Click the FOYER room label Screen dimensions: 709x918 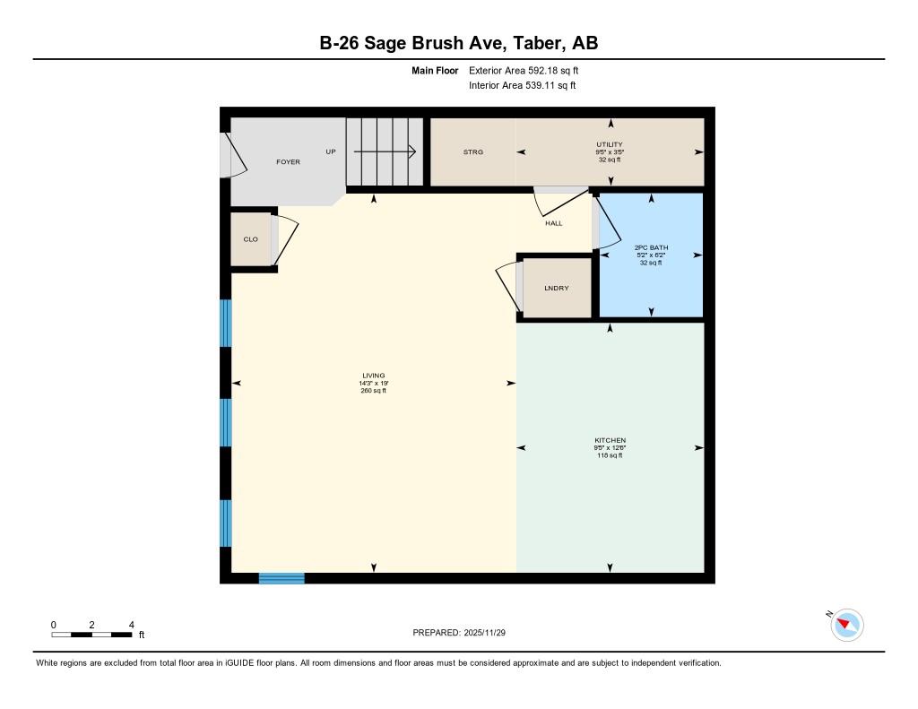(x=288, y=162)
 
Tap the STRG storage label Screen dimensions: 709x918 (x=472, y=152)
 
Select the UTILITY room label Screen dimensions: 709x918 (x=610, y=144)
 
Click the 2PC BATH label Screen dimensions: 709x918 (x=651, y=247)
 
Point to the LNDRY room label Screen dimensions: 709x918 (x=556, y=289)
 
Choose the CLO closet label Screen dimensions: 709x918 (x=251, y=239)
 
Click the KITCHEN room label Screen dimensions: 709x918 (x=610, y=440)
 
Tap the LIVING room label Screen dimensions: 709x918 (x=373, y=376)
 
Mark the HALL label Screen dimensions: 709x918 (x=554, y=223)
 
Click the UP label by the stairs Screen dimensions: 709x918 (x=331, y=151)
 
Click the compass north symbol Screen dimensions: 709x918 (x=846, y=625)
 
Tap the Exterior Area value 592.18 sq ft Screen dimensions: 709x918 (x=530, y=70)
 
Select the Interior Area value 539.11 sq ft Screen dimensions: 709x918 (x=523, y=86)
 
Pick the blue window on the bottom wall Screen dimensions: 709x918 (x=281, y=578)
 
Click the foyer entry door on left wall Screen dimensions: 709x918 (x=228, y=156)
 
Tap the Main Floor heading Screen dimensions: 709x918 (x=435, y=70)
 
